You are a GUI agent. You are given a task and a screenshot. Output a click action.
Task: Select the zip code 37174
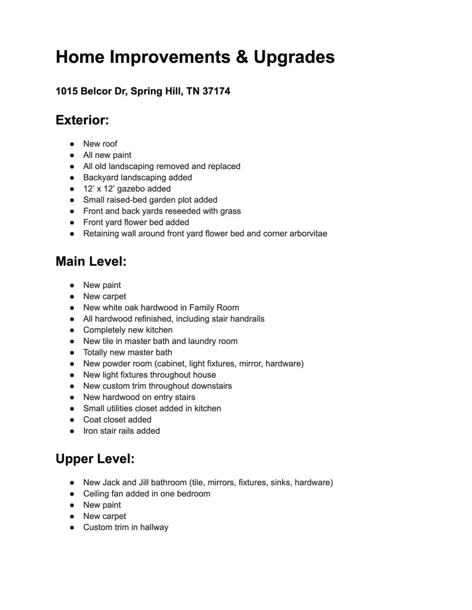216,91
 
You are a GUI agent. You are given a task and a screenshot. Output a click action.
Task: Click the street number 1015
66,91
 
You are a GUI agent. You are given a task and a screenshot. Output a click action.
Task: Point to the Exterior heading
82,120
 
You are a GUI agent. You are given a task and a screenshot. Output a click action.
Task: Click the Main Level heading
91,261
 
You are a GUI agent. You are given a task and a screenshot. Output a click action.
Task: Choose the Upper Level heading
95,459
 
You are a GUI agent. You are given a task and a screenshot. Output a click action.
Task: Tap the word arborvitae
307,233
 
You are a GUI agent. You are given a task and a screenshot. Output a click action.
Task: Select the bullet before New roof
72,144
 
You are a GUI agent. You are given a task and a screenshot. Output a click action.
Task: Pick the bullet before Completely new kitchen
72,330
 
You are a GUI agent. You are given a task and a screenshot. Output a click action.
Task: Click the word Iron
90,430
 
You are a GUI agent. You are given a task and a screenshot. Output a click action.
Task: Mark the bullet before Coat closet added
72,420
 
